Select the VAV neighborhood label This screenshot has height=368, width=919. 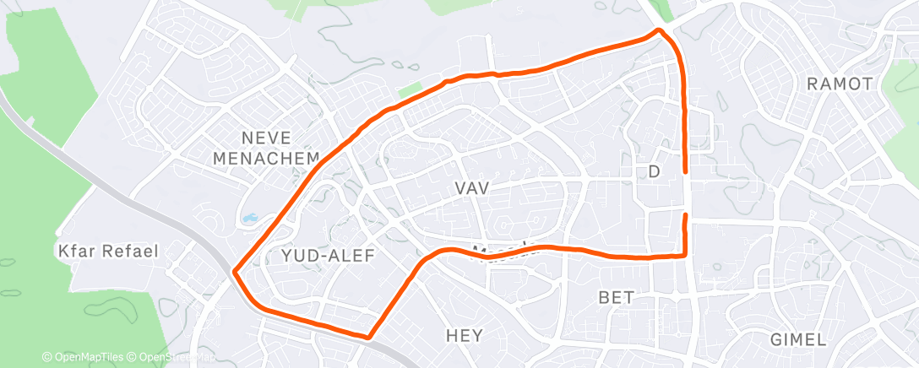coord(471,189)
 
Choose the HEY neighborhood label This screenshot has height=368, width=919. coord(465,336)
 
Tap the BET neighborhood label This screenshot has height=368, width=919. coord(616,297)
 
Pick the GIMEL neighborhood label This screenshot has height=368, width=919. coord(798,339)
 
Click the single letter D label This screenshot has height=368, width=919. coord(653,172)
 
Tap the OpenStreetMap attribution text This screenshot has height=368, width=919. coord(177,357)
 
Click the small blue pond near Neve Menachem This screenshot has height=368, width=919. coord(251,218)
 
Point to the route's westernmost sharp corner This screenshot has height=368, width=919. coord(234,272)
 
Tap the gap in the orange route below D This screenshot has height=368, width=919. coord(684,194)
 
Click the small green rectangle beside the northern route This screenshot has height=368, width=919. coord(409,89)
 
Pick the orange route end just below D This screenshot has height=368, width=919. coord(684,172)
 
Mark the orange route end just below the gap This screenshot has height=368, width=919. coord(684,216)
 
